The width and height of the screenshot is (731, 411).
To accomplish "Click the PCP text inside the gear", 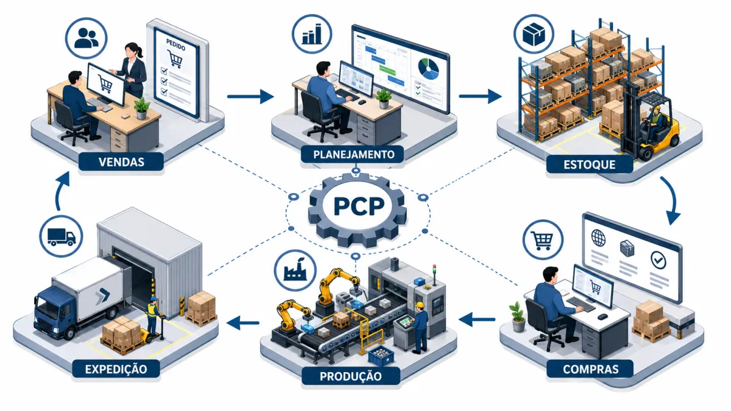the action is (x=359, y=206).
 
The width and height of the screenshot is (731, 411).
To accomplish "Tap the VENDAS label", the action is (x=121, y=162).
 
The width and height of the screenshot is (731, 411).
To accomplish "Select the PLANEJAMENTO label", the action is (x=354, y=154).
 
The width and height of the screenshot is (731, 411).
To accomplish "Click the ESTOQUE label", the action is (x=590, y=164).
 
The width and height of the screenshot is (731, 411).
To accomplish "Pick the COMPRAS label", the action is (x=590, y=369).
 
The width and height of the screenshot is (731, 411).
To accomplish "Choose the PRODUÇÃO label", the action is (x=350, y=376).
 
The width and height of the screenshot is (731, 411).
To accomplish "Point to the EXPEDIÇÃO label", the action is (x=116, y=369).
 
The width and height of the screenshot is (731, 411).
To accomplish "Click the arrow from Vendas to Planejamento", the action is (x=250, y=96).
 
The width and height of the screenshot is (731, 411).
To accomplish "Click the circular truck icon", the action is (x=61, y=236).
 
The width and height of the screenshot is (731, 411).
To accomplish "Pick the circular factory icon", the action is (x=295, y=270).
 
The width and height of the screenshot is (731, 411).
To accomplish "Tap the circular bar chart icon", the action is (x=312, y=34).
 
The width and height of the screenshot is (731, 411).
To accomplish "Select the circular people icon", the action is (x=86, y=38).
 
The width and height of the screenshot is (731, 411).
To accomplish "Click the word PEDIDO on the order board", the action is (x=175, y=45).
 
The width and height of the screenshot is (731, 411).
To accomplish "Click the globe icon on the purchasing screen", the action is (x=598, y=238).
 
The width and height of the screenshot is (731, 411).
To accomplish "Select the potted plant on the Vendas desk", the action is (x=142, y=108).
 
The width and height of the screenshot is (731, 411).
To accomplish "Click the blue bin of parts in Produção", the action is (x=381, y=355).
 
